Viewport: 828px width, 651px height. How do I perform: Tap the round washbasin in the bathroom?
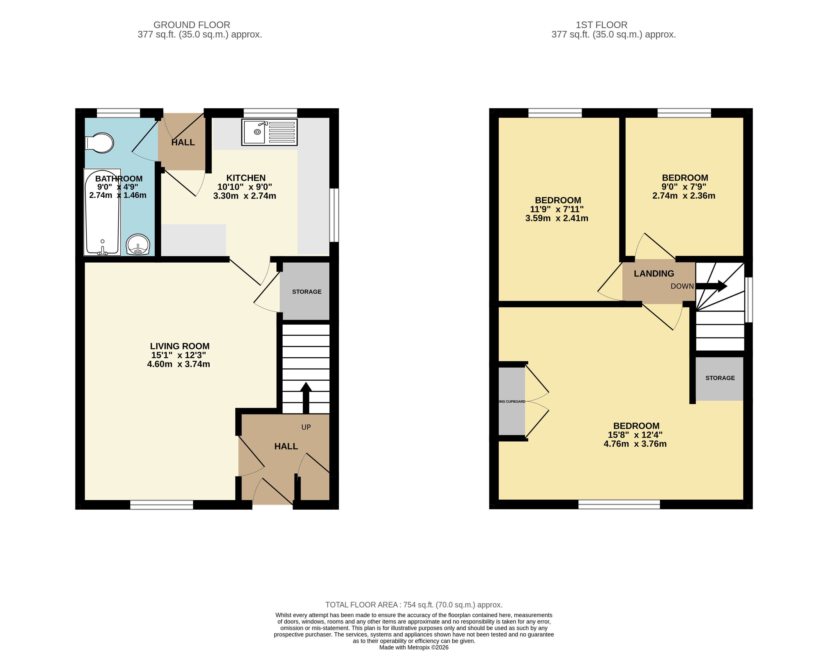pos(138,244)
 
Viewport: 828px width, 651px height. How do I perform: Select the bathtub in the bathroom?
pos(102,212)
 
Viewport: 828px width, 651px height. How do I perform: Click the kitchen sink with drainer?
pos(269,132)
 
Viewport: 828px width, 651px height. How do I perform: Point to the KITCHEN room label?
pos(246,178)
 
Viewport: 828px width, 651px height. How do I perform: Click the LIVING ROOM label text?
pos(179,346)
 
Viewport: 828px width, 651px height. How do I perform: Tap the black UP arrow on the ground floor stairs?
pos(306,397)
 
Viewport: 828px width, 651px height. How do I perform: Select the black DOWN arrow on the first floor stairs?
pos(711,286)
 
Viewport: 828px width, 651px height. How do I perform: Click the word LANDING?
pos(654,274)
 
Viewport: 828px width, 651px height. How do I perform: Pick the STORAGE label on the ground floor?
pos(306,292)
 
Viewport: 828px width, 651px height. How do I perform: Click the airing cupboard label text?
pos(512,401)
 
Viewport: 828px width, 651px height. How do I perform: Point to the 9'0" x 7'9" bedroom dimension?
pos(684,187)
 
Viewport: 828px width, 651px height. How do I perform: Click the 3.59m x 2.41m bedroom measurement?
pos(556,218)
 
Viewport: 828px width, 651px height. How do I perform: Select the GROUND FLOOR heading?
pos(192,25)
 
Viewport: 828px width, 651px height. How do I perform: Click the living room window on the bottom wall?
pos(162,505)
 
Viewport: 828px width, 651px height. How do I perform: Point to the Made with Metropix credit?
pos(414,647)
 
